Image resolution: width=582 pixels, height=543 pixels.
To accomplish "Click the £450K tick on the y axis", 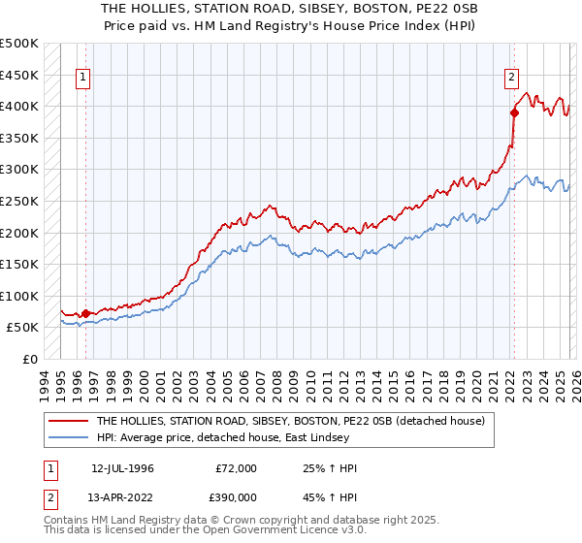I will point(19,75).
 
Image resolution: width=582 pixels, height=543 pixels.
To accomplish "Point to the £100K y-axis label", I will point(19,296).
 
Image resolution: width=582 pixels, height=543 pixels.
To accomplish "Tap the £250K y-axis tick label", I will point(19,201).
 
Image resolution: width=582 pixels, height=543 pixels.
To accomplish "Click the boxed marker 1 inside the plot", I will point(84,80).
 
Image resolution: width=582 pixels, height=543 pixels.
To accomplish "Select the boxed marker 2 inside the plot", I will point(511,80).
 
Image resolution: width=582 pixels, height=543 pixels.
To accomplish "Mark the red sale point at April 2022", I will point(514,112).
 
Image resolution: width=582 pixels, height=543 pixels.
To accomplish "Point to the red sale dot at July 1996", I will point(85,313).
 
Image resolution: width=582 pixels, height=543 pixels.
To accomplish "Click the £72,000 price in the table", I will point(236,468).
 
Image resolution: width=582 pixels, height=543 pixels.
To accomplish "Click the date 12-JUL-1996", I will point(123,468).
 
